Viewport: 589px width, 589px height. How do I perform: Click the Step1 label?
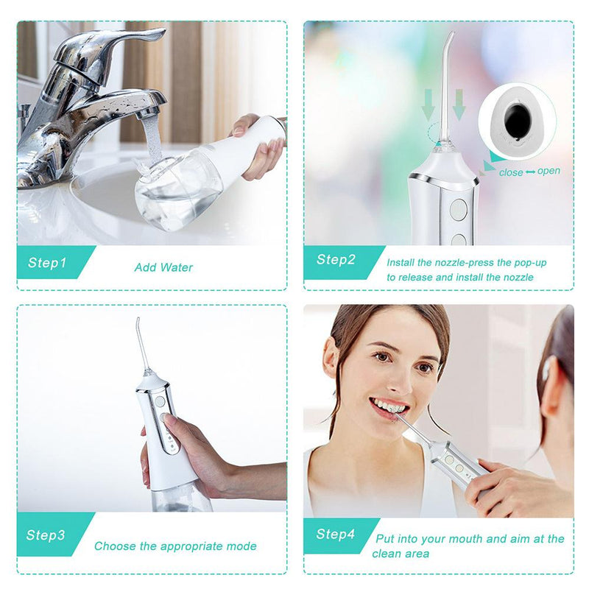(47, 263)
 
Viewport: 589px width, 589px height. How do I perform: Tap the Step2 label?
(336, 259)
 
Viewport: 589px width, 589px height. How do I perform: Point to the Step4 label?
(336, 534)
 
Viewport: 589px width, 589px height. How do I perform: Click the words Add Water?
(163, 267)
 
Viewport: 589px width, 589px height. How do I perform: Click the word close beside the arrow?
(510, 172)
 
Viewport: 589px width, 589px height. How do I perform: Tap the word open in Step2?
(549, 172)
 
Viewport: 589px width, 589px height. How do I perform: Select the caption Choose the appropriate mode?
(175, 546)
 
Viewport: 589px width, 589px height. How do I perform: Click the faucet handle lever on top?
(140, 35)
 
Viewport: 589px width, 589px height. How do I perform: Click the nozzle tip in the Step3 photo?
(137, 321)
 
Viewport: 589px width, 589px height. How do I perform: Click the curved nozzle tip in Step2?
(451, 35)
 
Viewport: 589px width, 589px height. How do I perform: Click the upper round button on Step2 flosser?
(456, 209)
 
